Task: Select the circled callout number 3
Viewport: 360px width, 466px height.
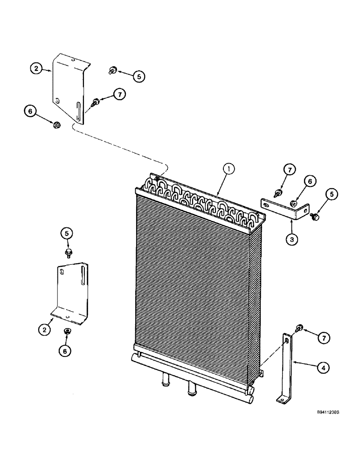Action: point(291,239)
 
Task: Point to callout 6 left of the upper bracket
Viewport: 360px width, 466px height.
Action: point(31,111)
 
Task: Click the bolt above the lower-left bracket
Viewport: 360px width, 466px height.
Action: point(69,252)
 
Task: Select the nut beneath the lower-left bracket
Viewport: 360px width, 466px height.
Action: point(67,331)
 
